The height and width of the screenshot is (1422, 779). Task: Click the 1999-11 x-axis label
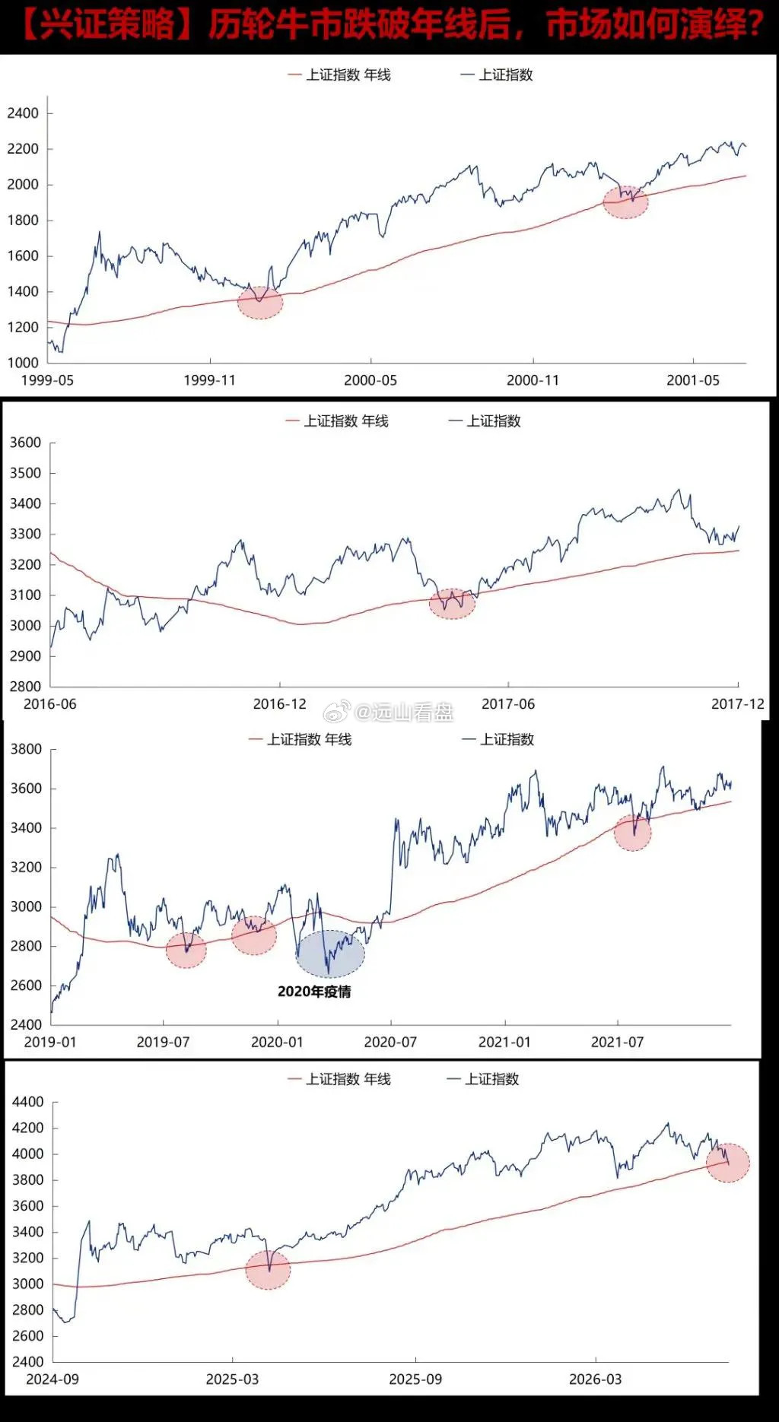(x=209, y=380)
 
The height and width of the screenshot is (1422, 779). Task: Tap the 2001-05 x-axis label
(x=692, y=380)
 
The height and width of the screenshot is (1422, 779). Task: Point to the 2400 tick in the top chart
(x=23, y=113)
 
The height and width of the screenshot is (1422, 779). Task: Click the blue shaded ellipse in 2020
(x=330, y=954)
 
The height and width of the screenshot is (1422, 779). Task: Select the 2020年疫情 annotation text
(x=314, y=992)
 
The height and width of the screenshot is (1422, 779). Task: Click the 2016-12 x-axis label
(x=279, y=704)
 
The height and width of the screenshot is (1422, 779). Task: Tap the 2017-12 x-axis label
(x=737, y=704)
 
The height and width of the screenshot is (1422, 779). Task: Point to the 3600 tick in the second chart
(x=25, y=443)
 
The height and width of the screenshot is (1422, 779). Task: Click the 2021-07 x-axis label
(x=617, y=1042)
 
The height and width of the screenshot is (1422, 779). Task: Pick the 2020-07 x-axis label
(x=390, y=1042)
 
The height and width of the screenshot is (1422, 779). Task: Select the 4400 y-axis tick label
(x=27, y=1102)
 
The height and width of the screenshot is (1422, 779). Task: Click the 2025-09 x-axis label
(x=415, y=1379)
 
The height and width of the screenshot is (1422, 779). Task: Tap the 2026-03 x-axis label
(x=595, y=1379)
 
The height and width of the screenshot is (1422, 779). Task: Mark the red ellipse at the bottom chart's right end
(x=728, y=1163)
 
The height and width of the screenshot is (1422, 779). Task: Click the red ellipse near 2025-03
(x=268, y=1269)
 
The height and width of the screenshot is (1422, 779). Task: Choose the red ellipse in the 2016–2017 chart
(x=452, y=604)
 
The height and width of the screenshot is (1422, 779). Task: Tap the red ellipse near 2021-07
(x=632, y=833)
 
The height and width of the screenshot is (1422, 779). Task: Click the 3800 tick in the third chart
(x=26, y=749)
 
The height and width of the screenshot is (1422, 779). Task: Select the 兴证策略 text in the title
(x=107, y=25)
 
